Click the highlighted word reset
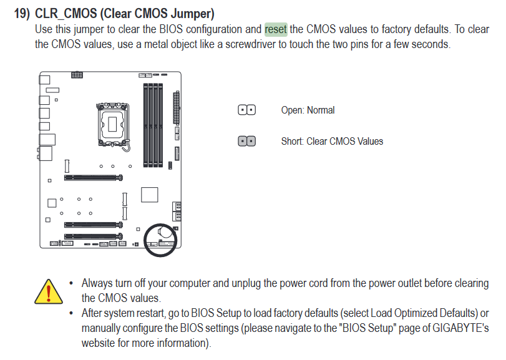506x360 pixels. coord(276,29)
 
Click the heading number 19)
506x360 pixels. coord(22,14)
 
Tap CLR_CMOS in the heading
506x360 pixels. coord(66,14)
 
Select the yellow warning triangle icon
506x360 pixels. coord(49,291)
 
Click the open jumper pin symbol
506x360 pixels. coord(247,110)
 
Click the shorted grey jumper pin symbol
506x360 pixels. coord(247,141)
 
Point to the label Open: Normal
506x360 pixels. coord(308,110)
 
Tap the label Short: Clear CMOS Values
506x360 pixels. coord(332,141)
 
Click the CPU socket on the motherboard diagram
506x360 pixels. coord(112,125)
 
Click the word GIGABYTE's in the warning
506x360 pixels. coord(460,328)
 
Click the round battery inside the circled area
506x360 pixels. coord(165,232)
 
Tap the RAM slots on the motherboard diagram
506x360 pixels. coord(153,125)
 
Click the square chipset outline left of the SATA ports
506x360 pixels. coord(149,195)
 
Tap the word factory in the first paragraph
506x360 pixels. coord(396,29)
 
